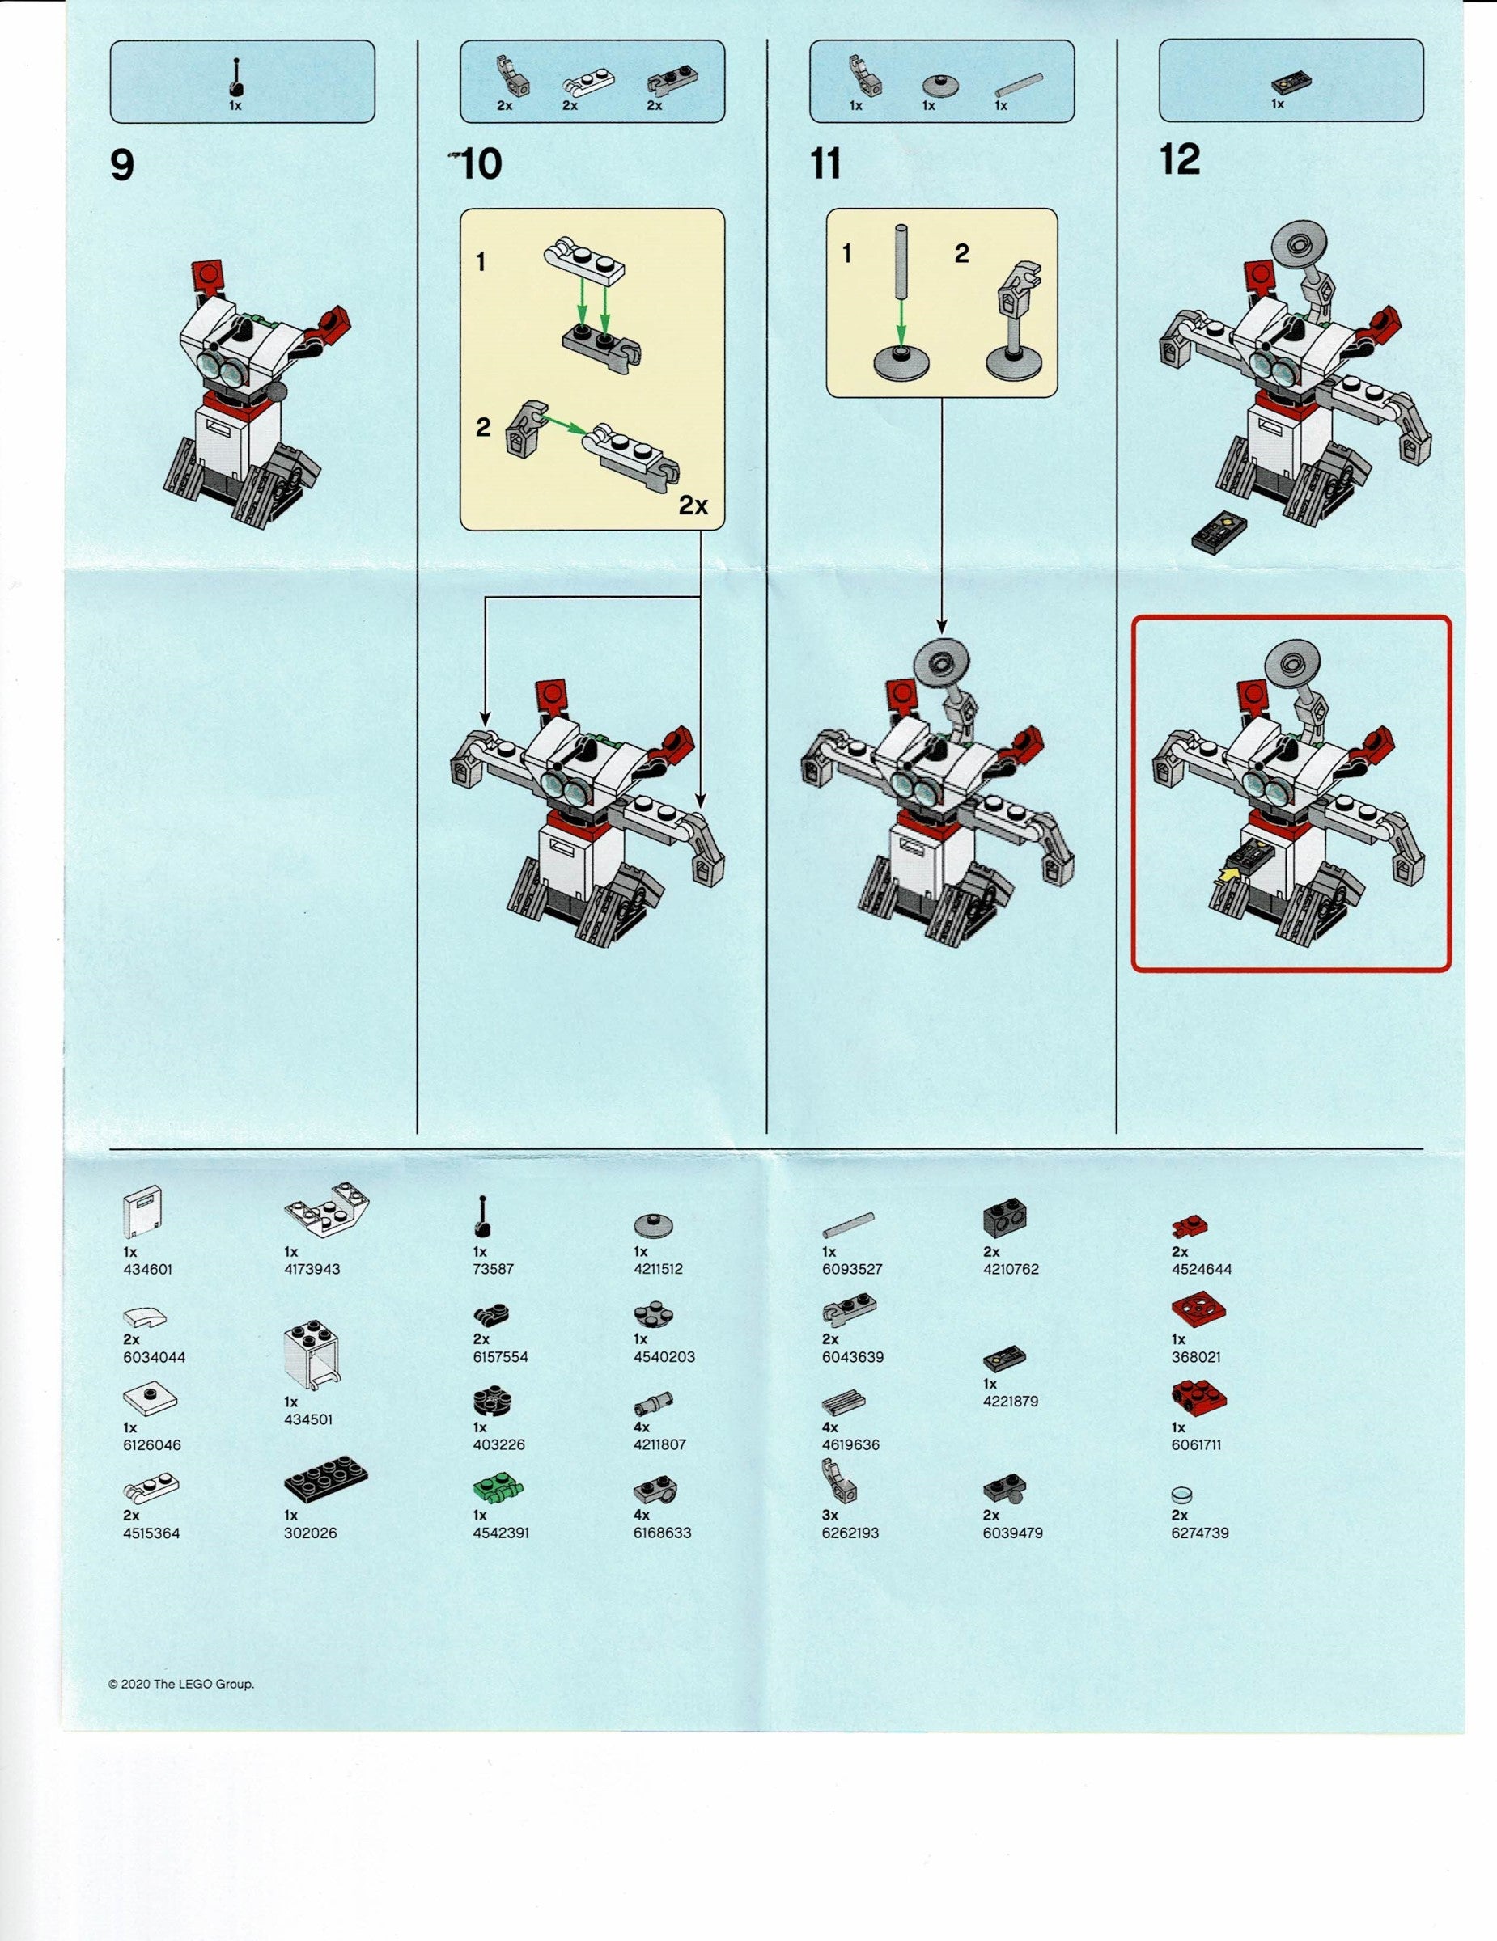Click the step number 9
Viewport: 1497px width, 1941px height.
[x=122, y=166]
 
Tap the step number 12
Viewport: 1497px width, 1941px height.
[x=1180, y=161]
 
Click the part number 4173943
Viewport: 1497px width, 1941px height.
[x=312, y=1268]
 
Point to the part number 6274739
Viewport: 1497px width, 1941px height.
[x=1200, y=1533]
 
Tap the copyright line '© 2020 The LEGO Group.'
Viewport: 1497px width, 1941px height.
[x=181, y=1683]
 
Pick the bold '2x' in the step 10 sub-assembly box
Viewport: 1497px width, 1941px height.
[x=693, y=505]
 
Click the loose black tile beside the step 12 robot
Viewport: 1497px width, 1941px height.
[x=1217, y=533]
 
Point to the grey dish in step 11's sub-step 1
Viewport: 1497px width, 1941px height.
[x=901, y=363]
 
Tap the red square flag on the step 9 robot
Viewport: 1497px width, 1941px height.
[x=208, y=276]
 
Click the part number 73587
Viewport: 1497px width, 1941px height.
[x=494, y=1268]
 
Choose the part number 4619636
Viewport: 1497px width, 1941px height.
[x=850, y=1444]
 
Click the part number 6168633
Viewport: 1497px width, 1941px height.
[x=662, y=1533]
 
